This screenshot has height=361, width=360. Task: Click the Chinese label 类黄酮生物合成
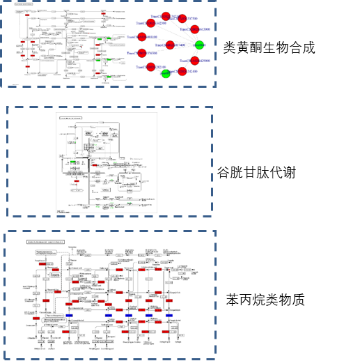(x=269, y=48)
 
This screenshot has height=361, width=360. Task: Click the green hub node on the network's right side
(x=199, y=45)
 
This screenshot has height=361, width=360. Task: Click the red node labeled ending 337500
(x=182, y=19)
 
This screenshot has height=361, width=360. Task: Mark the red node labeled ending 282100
(x=150, y=68)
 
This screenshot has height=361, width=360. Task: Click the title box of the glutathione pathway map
(x=72, y=118)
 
